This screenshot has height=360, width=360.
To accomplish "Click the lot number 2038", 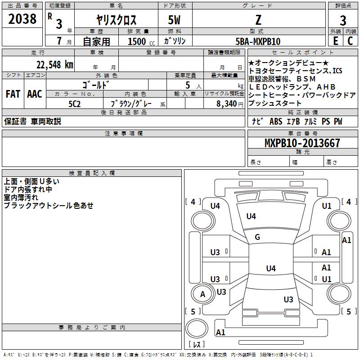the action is [x=22, y=19].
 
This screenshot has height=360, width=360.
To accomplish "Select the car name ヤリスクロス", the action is [x=117, y=20].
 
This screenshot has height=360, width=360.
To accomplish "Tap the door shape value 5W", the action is [x=175, y=20].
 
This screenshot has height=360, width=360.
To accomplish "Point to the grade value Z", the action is [x=258, y=20].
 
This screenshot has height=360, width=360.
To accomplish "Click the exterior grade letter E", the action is [x=335, y=40].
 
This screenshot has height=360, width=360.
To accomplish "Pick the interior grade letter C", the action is [x=351, y=40].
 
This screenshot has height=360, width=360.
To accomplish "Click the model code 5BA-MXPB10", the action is [x=258, y=41].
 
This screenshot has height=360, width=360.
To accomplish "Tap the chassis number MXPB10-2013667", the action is [x=302, y=143].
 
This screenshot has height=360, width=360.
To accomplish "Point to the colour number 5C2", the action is [x=74, y=103].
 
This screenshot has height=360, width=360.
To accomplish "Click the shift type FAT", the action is [x=13, y=94].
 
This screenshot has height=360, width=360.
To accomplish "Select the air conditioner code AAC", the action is [x=34, y=94].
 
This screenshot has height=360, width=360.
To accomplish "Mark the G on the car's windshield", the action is [x=257, y=237].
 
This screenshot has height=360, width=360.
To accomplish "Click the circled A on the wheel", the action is [x=202, y=294].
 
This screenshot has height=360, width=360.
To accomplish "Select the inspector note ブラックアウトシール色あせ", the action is [x=49, y=205].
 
